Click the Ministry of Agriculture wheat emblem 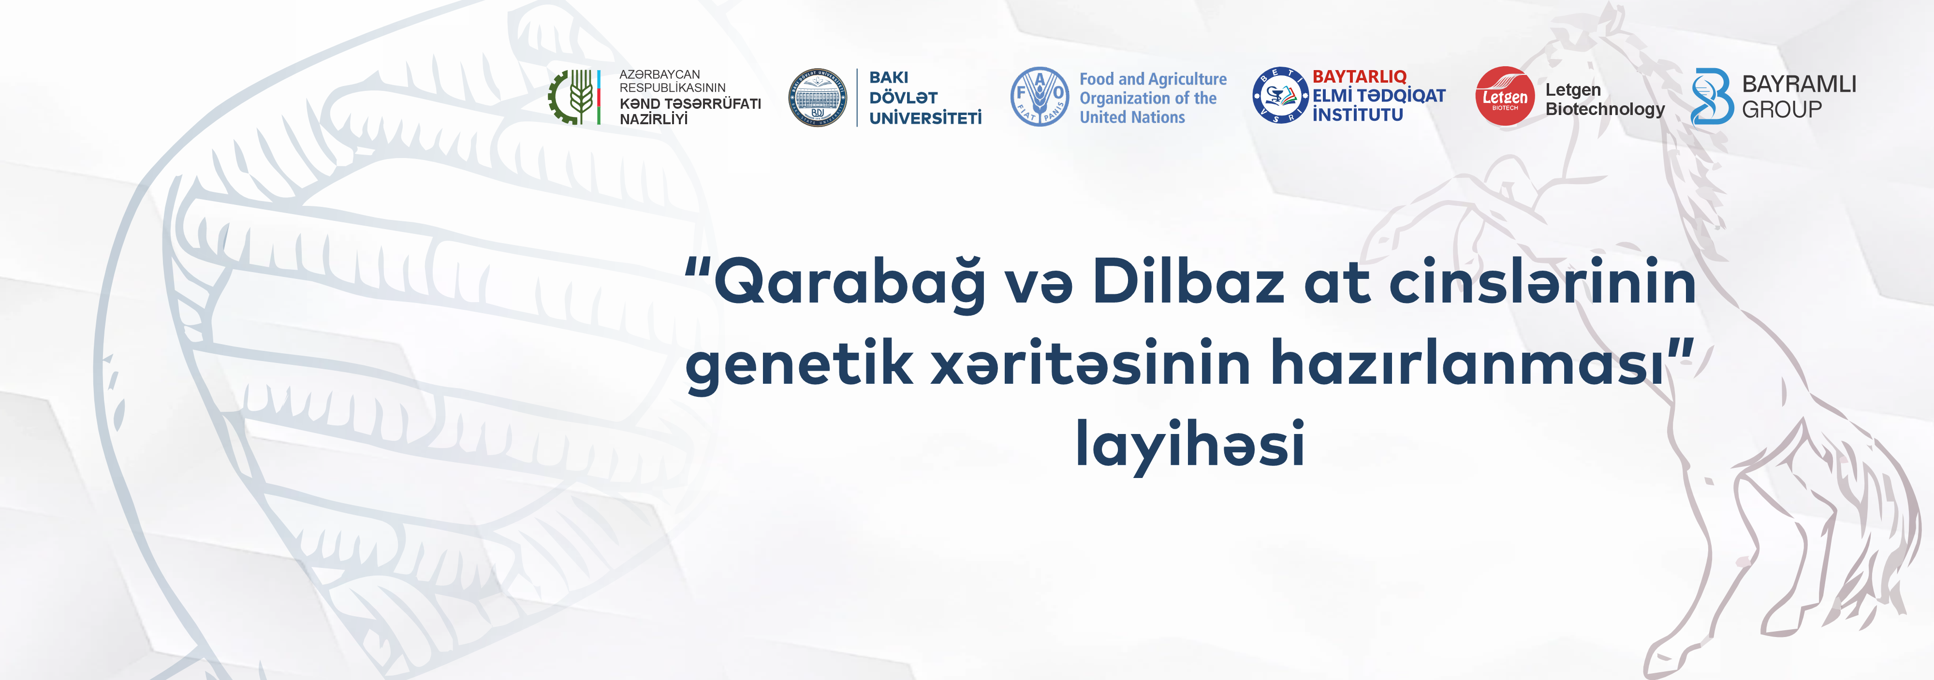(x=575, y=97)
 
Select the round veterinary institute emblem (x=1281, y=95)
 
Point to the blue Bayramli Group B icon (x=1711, y=96)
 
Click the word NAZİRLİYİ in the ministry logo (x=653, y=118)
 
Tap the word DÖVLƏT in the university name (x=903, y=98)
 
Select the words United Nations (x=1132, y=117)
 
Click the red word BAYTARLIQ (x=1359, y=76)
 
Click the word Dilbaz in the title (x=1188, y=281)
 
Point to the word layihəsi (x=1190, y=443)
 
